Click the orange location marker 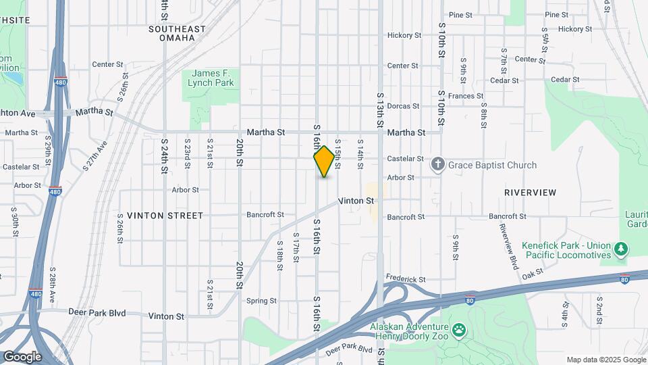[x=324, y=162]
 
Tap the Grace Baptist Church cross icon [x=438, y=164]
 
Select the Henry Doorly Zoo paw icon [x=460, y=329]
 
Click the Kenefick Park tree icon [x=621, y=250]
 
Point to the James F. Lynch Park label [x=213, y=78]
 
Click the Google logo [x=22, y=356]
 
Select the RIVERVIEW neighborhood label [x=530, y=193]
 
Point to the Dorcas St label [x=404, y=106]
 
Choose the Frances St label [x=462, y=96]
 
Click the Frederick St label [x=406, y=278]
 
